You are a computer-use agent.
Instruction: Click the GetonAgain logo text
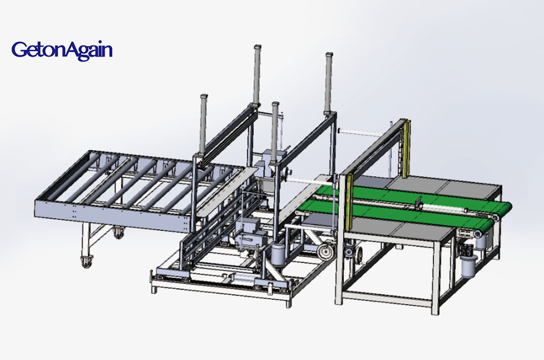coord(62,50)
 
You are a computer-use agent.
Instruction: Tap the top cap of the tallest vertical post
coord(257,47)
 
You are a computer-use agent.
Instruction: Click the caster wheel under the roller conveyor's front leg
coord(87,261)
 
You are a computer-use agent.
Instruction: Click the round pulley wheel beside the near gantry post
coord(325,251)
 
